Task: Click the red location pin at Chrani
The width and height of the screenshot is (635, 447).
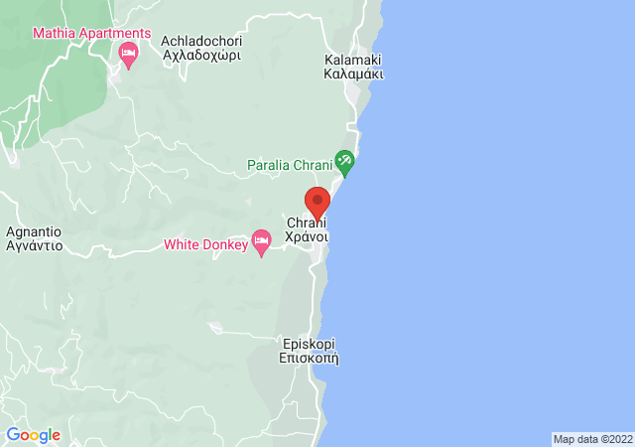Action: tap(317, 202)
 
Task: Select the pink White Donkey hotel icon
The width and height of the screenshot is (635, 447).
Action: tap(262, 242)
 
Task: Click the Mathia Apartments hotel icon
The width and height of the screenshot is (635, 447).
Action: tap(127, 54)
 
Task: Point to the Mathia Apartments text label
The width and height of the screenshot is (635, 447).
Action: tap(91, 33)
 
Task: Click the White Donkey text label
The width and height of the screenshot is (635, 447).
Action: tap(204, 243)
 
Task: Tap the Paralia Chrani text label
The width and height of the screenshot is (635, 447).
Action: tap(290, 163)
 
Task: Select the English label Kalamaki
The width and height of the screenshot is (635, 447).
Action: tap(354, 60)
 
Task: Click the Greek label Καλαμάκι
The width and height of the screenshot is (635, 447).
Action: tap(354, 74)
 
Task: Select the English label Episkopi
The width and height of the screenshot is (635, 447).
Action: tap(310, 344)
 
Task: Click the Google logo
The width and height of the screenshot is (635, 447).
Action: tap(33, 435)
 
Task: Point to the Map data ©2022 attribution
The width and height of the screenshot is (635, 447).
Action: tap(591, 439)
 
